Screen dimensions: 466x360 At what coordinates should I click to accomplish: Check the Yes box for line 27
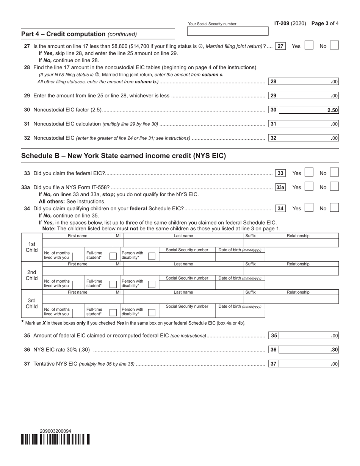309,46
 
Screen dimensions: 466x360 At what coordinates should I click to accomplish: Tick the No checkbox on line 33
334,173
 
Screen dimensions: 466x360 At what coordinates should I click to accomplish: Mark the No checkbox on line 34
334,208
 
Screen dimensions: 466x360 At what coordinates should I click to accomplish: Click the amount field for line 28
309,81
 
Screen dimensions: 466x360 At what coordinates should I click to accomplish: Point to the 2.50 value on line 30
332,110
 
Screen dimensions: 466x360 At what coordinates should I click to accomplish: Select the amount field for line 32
309,138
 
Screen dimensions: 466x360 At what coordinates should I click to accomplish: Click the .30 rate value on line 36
334,350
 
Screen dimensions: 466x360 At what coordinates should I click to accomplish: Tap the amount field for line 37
309,364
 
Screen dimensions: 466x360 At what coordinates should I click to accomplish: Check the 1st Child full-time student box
113,256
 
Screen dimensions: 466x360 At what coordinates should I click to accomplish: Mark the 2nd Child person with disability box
152,284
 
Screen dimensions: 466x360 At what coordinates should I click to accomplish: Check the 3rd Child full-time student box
113,312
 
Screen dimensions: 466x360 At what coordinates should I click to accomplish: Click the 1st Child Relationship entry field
298,243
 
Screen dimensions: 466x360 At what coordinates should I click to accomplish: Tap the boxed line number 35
274,336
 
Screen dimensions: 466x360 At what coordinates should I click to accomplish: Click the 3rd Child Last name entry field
183,299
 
